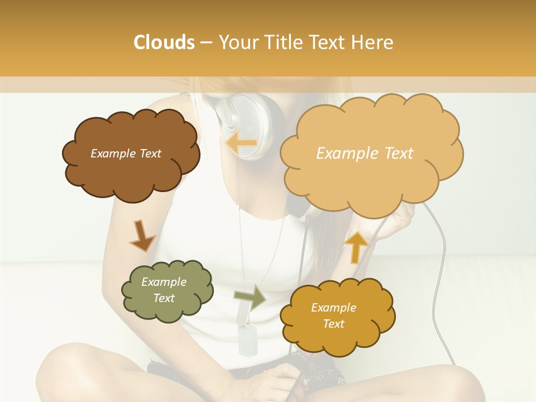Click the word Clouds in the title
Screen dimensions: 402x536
pos(164,42)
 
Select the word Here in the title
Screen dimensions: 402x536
pos(374,42)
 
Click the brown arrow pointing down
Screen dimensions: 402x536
pos(142,235)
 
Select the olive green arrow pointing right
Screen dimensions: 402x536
pos(250,297)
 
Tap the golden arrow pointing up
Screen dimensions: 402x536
pos(356,246)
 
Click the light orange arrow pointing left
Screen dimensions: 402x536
pos(241,143)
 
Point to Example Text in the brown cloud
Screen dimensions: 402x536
pos(126,154)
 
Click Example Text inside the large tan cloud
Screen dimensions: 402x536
pos(365,154)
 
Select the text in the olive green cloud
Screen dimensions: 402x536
pos(164,290)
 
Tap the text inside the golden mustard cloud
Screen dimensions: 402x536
pos(333,315)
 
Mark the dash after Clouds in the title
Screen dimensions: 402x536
pos(205,43)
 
